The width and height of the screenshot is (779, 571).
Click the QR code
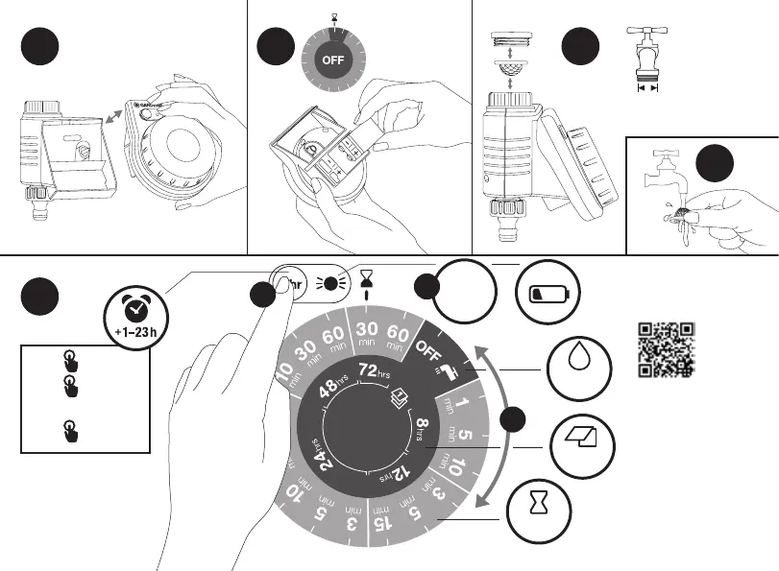pos(667,348)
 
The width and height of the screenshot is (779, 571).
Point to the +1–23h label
pos(136,335)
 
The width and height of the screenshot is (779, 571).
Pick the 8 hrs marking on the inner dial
pos(426,425)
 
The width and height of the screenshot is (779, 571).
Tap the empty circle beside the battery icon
pos(461,292)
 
